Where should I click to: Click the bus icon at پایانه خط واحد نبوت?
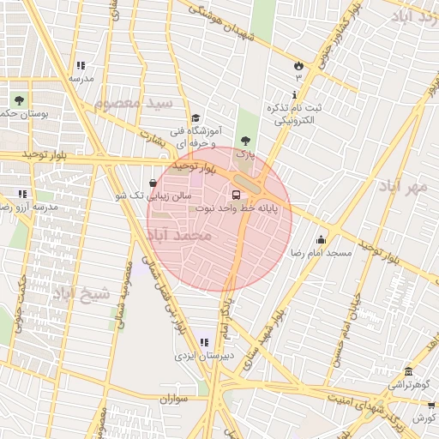click(x=237, y=194)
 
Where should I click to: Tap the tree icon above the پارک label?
click(x=246, y=140)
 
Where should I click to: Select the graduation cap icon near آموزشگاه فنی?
click(x=195, y=118)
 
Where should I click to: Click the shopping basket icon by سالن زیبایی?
click(x=153, y=183)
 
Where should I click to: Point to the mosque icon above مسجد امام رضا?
click(x=322, y=239)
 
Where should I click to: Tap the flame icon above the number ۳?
click(x=298, y=65)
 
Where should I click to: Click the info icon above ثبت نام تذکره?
click(x=296, y=94)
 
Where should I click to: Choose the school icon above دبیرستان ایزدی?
click(x=204, y=342)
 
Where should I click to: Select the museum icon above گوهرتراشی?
click(x=408, y=372)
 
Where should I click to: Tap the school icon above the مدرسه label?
click(x=81, y=65)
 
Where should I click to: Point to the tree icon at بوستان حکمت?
click(x=19, y=101)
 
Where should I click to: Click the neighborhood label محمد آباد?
click(x=178, y=234)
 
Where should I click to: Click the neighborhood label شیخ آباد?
click(x=81, y=296)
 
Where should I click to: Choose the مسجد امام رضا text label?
click(x=316, y=254)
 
